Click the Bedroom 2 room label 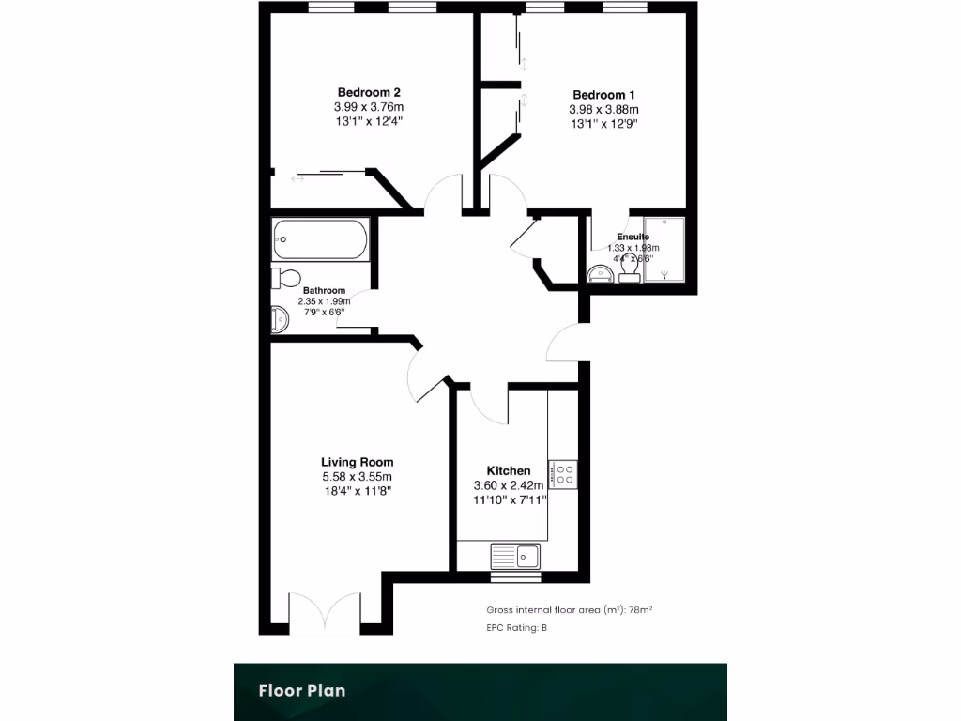(370, 92)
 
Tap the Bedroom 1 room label (603, 95)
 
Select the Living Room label (357, 462)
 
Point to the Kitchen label (509, 470)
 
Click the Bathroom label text (323, 291)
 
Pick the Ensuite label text (633, 237)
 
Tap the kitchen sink (514, 556)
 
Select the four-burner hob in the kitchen (565, 474)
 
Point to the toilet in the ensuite (629, 269)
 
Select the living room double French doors (325, 613)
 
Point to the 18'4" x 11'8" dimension (357, 492)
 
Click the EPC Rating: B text (516, 628)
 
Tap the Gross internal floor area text (569, 609)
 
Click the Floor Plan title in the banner (302, 691)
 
